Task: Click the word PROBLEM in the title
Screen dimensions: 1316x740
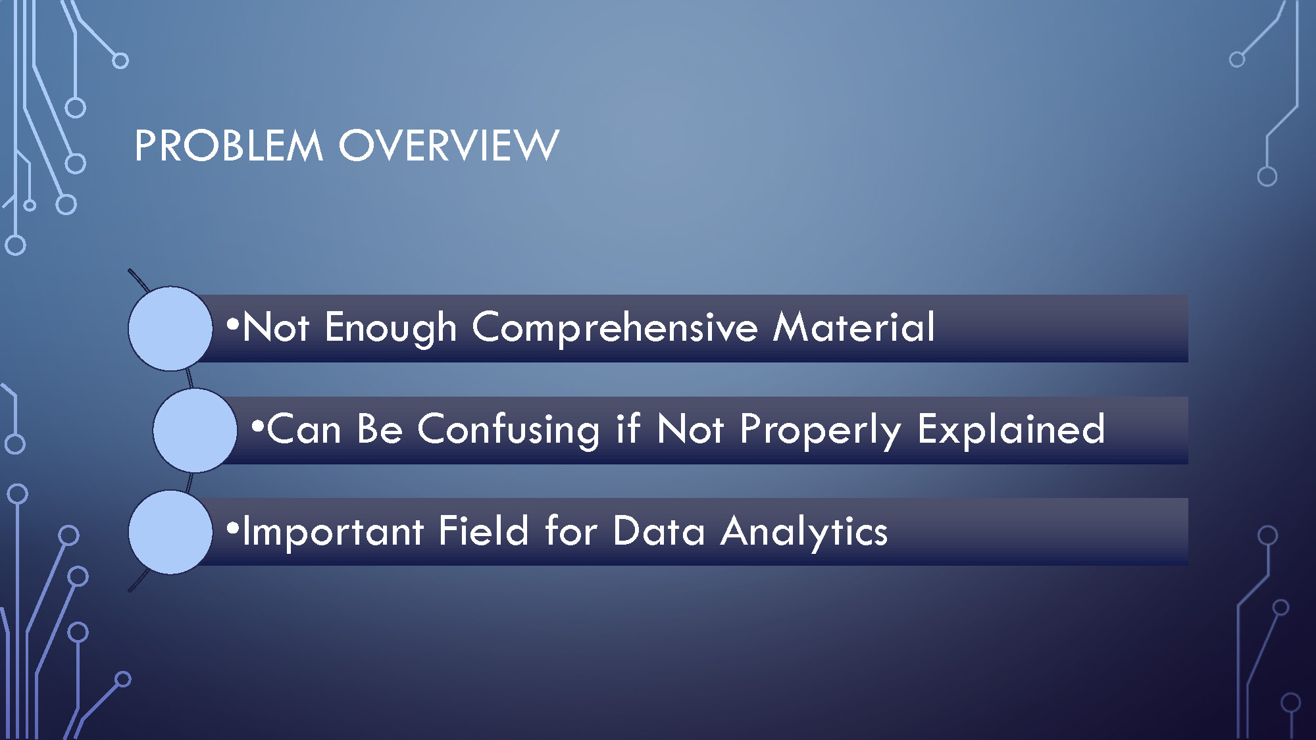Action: click(229, 145)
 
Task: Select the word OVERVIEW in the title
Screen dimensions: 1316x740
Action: click(449, 145)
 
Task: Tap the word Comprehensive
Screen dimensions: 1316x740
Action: click(615, 328)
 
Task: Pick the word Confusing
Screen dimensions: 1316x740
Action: click(509, 430)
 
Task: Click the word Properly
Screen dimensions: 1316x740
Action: click(821, 430)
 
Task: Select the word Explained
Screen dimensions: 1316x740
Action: click(1011, 430)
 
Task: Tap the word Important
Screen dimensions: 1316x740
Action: click(333, 531)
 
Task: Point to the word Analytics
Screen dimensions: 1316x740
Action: click(804, 532)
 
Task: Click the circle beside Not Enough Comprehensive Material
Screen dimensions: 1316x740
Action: click(170, 328)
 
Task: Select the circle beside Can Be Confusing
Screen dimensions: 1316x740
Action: click(195, 430)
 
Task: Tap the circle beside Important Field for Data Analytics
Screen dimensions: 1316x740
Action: click(170, 532)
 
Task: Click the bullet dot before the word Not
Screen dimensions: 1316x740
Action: click(232, 324)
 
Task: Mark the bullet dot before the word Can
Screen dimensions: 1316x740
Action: click(257, 426)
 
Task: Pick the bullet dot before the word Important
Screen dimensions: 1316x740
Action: click(232, 528)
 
